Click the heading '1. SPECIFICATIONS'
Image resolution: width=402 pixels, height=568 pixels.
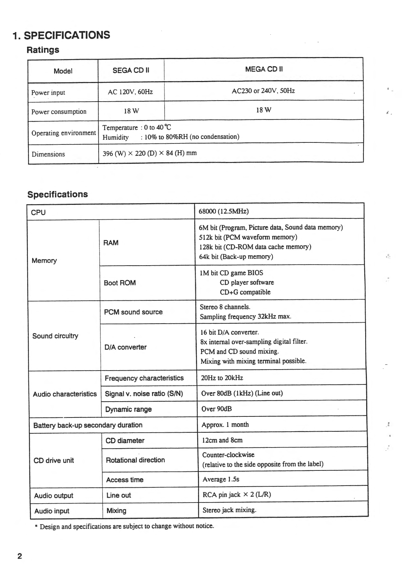pos(61,35)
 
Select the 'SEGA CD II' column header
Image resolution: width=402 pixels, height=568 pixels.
pos(131,70)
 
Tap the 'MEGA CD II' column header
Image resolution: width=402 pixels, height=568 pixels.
pos(264,69)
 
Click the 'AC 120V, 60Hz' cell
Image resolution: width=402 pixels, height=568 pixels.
pos(130,92)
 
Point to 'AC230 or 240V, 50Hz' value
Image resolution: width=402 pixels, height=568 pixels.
pos(263,91)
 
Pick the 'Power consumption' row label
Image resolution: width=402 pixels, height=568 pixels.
pos(59,112)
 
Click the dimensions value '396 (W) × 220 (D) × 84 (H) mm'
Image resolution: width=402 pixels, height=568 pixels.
pos(149,153)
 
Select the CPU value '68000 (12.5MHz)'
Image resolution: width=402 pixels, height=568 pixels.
pos(224,211)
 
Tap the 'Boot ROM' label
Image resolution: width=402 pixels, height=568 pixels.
pos(120,283)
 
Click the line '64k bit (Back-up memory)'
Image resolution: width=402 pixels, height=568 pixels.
pos(236,256)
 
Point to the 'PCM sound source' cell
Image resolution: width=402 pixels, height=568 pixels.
pos(133,312)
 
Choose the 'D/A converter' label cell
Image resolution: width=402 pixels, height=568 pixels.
pos(125,347)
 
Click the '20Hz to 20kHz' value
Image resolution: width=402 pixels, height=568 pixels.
pos(222,378)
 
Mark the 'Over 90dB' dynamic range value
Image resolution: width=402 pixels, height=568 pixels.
pos(217,409)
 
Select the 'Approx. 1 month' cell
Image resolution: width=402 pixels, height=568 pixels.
pos(225,425)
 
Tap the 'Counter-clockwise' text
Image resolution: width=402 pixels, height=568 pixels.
pos(228,455)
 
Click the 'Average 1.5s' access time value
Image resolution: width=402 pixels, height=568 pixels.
pos(221,479)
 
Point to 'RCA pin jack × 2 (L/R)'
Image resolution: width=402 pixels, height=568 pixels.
pos(236,495)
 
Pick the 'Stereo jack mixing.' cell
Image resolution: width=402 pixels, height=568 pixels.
pos(229,510)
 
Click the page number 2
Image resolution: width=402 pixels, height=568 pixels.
pos(20,556)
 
